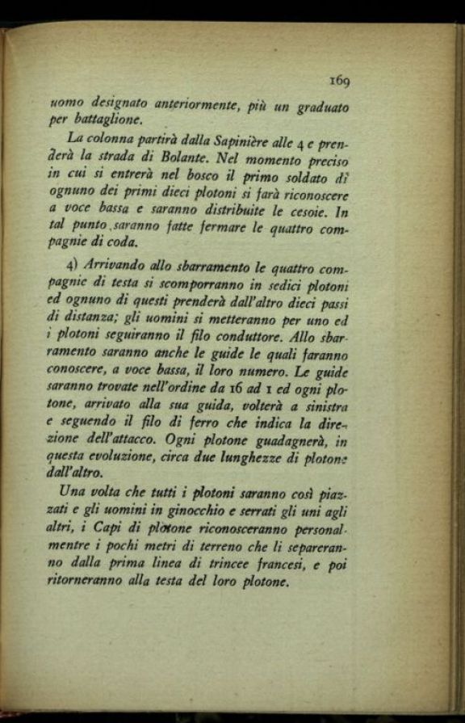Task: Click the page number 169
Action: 338,80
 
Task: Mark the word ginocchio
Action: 200,512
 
